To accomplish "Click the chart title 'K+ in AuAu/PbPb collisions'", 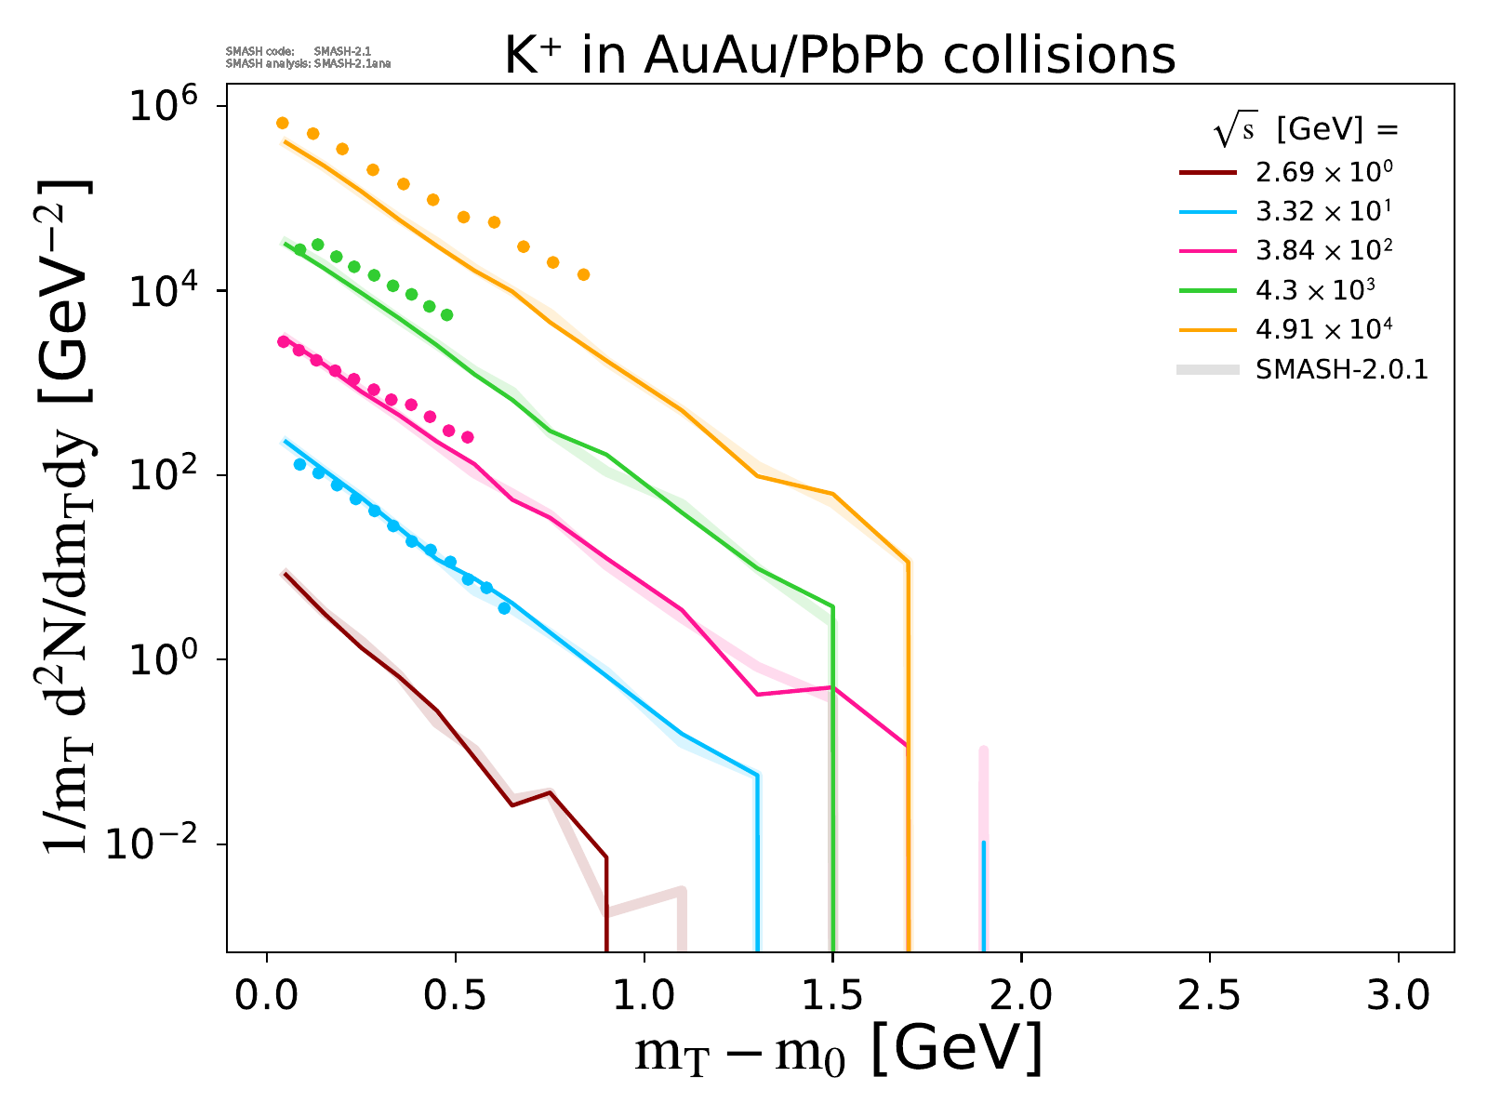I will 840,56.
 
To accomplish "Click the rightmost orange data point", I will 583,274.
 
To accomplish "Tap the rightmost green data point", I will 446,315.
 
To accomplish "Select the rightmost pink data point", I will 468,437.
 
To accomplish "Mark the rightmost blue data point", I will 504,608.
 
